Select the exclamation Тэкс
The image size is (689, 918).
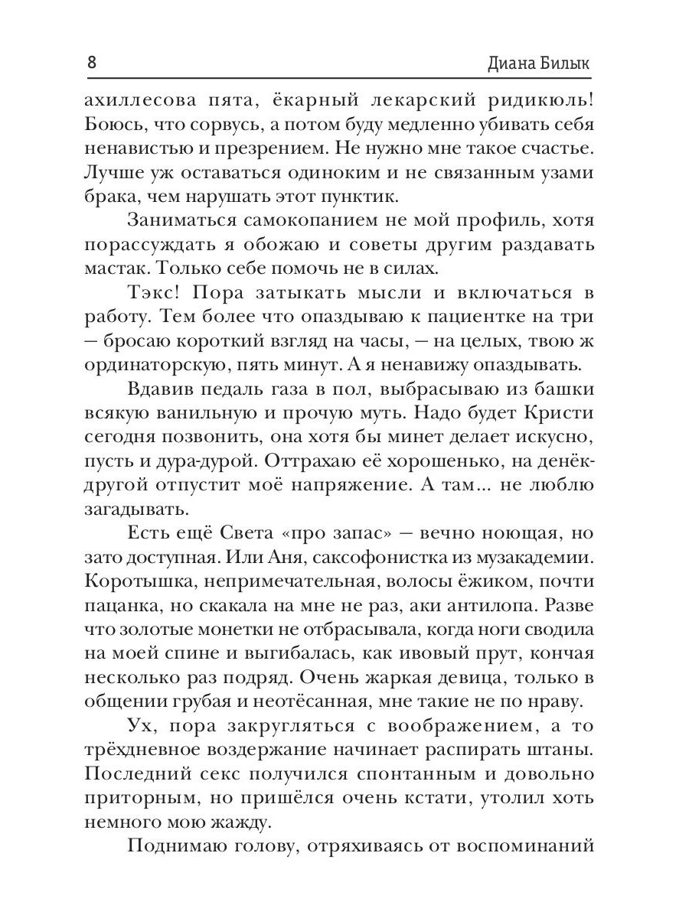click(x=152, y=295)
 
